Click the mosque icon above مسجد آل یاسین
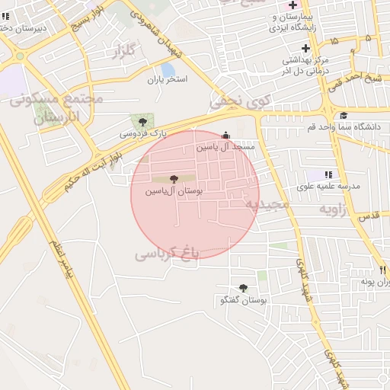(224, 135)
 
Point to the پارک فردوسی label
(142, 133)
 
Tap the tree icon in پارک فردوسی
(142, 121)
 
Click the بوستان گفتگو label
(242, 300)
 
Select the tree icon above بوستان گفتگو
(243, 288)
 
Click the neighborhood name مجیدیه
(267, 204)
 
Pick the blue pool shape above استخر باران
(167, 69)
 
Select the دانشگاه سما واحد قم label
(344, 126)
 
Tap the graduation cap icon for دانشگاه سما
(344, 115)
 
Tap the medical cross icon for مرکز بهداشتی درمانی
(305, 49)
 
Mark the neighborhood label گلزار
(123, 52)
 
